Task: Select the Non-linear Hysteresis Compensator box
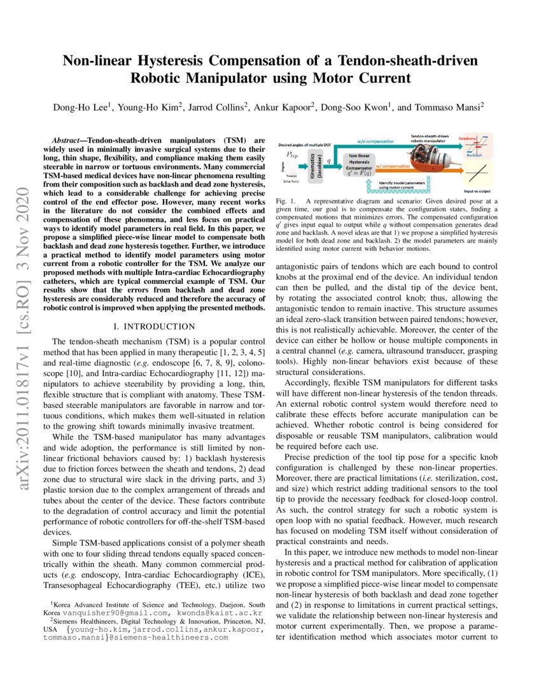click(360, 164)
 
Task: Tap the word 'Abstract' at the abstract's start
click(67, 139)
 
